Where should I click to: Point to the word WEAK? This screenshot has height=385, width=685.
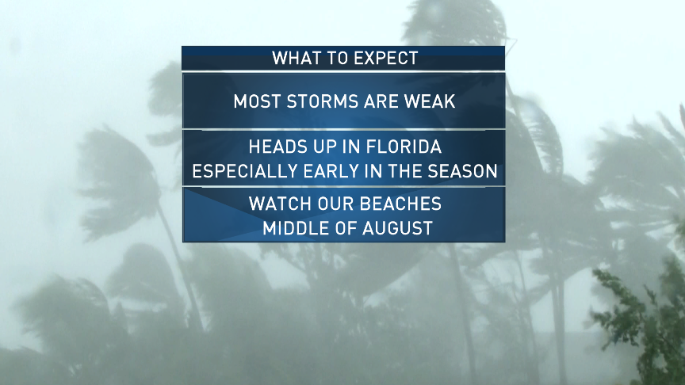(430, 101)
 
